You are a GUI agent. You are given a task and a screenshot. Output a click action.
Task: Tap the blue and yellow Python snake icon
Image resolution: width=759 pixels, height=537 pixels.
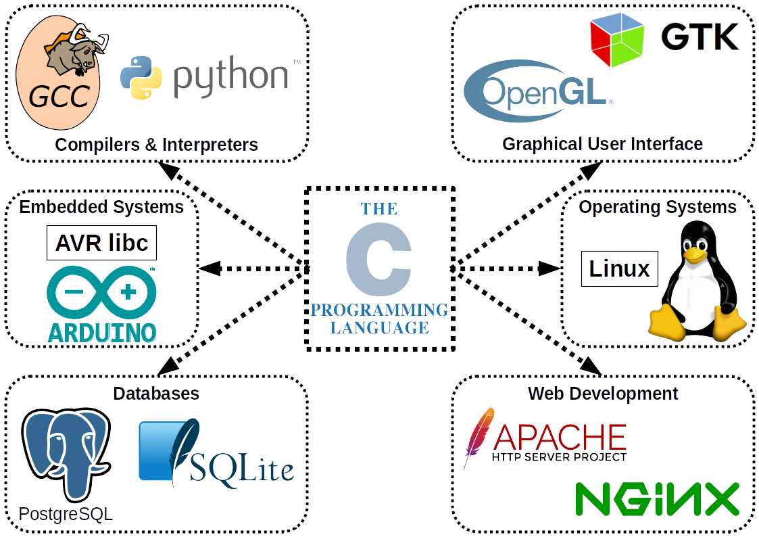coord(141,77)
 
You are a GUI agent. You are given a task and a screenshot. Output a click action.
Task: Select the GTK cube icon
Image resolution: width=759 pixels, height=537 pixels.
coord(617,40)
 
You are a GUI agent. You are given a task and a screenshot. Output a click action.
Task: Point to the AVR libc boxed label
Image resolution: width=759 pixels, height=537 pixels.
coord(101,243)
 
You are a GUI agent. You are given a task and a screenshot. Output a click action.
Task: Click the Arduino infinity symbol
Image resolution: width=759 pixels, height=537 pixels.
coord(102,294)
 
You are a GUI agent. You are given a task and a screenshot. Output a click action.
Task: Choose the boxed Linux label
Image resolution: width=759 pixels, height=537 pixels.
coord(620,269)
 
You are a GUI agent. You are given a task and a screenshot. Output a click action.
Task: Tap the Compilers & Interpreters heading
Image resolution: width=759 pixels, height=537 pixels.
coord(156,144)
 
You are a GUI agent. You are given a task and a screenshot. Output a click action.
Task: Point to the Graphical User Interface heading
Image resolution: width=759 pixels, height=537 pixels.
coord(602,144)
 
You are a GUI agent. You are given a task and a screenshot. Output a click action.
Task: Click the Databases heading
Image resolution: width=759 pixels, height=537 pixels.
coord(156,394)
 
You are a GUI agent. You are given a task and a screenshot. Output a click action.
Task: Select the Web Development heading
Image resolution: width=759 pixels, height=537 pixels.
coord(602,393)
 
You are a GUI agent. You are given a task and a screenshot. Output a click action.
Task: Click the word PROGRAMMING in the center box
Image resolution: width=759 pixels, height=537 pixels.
coord(379,310)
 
